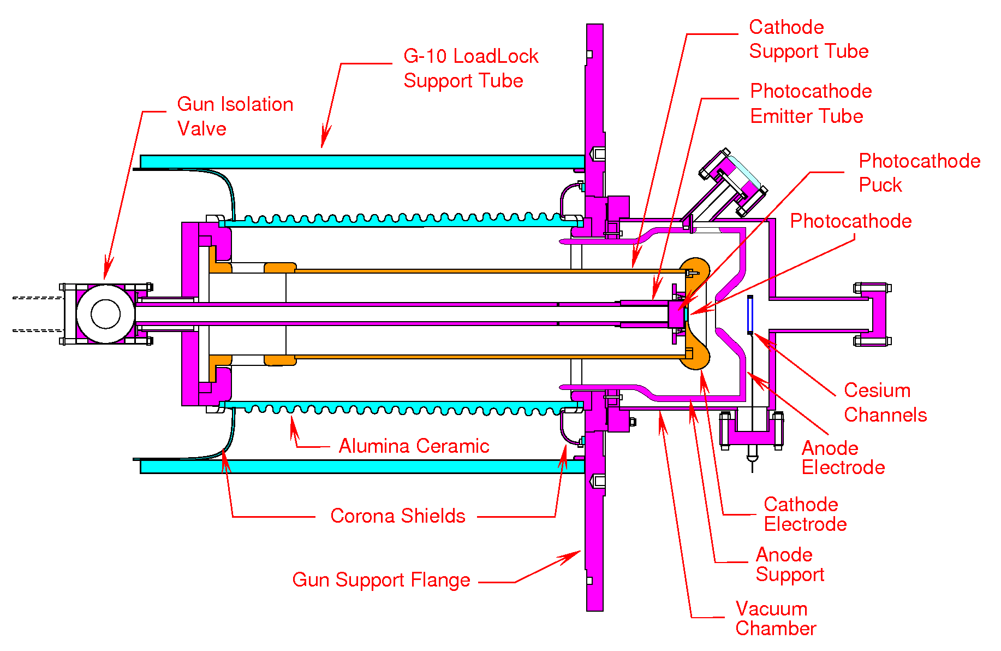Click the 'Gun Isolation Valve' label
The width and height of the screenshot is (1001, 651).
pos(235,116)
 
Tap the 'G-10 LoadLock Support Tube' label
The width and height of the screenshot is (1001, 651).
pos(470,68)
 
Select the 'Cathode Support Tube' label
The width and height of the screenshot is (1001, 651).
pos(808,39)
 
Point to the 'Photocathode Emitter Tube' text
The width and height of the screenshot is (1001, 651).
pos(810,103)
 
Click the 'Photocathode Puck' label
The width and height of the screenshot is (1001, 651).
pos(919,173)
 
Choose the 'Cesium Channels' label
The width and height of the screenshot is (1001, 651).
pos(885,403)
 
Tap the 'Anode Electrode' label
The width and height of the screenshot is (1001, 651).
pos(843,458)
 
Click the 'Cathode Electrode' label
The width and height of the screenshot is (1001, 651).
pos(805,514)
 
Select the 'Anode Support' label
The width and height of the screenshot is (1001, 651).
pos(789,564)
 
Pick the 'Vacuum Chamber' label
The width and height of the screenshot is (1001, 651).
pos(775,618)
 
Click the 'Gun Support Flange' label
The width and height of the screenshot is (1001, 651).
pos(381,580)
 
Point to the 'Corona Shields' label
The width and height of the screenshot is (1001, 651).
pos(397,516)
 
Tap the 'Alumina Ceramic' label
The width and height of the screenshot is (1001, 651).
pos(413,446)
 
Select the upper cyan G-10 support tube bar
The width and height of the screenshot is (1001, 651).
pos(360,162)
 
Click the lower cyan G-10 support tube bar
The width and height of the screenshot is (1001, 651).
pos(360,466)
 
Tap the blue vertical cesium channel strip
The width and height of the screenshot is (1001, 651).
pos(750,315)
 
